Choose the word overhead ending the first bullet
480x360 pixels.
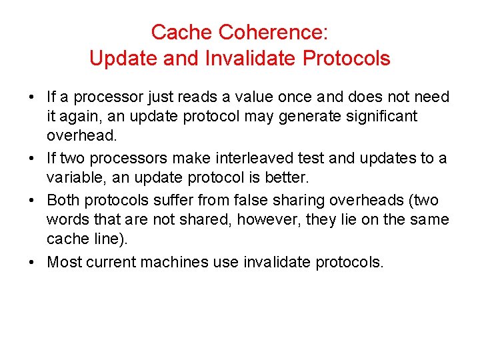[81, 136]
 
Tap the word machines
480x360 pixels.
[176, 262]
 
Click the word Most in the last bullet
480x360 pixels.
[64, 262]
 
